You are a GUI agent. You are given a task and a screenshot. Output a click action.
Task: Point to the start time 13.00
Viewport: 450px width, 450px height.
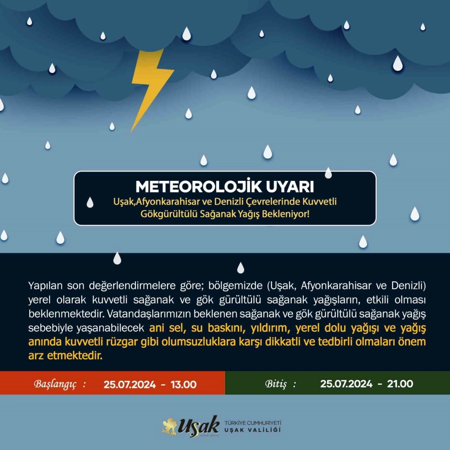pos(184,384)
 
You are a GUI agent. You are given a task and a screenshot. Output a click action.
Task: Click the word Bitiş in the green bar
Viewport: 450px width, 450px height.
pos(276,384)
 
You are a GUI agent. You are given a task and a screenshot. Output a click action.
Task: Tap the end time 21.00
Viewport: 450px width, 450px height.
pos(400,384)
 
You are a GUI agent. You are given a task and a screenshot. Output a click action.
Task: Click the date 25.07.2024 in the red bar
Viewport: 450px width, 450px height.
pos(130,384)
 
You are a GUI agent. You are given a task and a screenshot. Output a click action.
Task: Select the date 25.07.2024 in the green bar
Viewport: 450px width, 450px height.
pos(346,384)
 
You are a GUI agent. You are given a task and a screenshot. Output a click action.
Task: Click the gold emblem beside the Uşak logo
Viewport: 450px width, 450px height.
pos(170,426)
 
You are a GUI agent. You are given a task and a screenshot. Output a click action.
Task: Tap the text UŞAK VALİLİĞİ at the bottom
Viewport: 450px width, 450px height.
pos(253,430)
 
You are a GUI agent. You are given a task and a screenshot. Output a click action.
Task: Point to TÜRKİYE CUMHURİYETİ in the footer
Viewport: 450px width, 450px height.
pos(253,422)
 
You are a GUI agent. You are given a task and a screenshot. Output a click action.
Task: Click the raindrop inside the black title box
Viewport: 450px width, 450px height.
pos(90,202)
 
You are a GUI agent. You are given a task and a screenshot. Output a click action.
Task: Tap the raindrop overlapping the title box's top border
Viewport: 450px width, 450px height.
pos(328,172)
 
